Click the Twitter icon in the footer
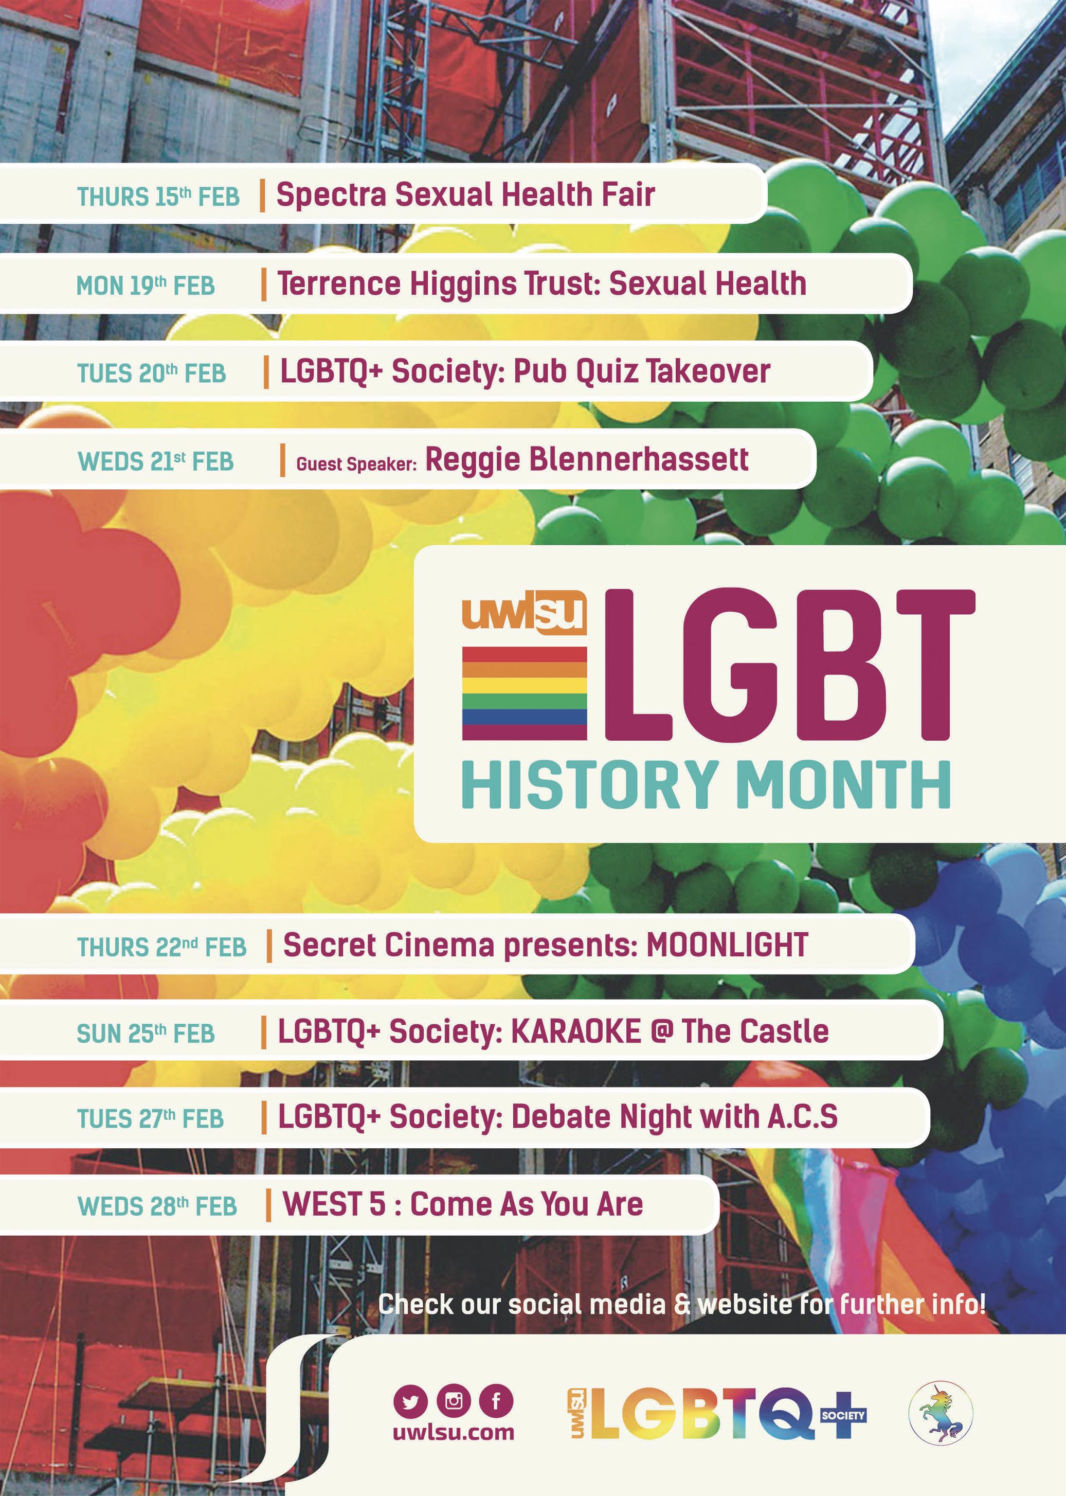[x=410, y=1402]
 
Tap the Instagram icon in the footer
[x=454, y=1401]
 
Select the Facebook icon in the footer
[x=496, y=1401]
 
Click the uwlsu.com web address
[x=454, y=1432]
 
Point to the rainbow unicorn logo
[x=940, y=1413]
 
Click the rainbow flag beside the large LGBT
[x=525, y=693]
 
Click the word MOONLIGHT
[x=727, y=945]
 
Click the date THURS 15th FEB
[x=158, y=197]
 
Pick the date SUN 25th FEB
[x=146, y=1033]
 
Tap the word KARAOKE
[x=575, y=1031]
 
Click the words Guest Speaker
[x=356, y=465]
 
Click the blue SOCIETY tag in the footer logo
[x=843, y=1415]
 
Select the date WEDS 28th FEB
[x=157, y=1206]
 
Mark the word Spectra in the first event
[x=332, y=195]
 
